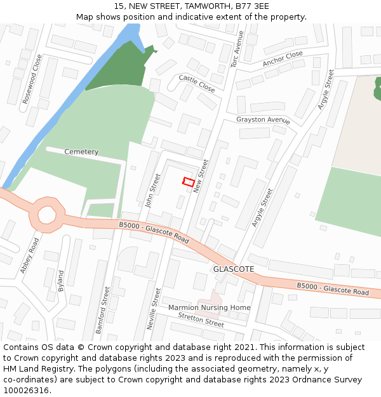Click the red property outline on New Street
tap(189, 182)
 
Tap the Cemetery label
tap(81, 152)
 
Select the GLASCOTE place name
tap(234, 269)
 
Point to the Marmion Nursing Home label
tap(209, 307)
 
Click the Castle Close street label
tap(197, 83)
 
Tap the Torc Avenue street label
tap(237, 49)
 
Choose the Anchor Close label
tap(283, 58)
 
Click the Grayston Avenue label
tap(263, 120)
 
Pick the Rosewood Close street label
tap(32, 79)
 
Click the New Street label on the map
tap(201, 176)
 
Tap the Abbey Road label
tap(29, 255)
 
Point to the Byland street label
tap(61, 280)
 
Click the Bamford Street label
tap(102, 310)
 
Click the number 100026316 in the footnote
tap(26, 390)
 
